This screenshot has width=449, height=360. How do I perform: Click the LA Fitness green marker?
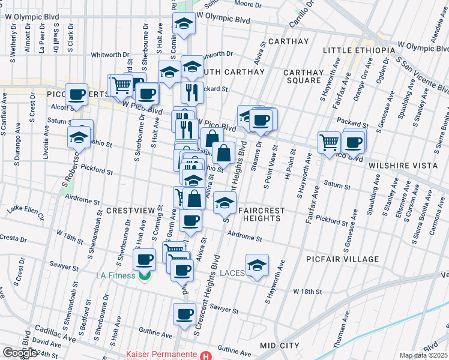[143, 276]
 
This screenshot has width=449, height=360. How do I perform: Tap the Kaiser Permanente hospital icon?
[206, 355]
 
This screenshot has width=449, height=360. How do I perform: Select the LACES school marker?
[257, 265]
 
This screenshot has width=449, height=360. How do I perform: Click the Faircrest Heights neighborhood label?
[259, 214]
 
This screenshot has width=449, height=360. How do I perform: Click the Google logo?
[19, 353]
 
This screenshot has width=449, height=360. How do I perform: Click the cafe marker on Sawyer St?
[184, 314]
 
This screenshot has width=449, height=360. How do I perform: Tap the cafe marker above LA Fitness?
[143, 260]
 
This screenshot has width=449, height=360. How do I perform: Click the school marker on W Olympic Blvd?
[184, 24]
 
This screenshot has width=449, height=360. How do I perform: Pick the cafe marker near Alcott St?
[77, 94]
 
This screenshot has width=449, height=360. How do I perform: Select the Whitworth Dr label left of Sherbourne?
[109, 55]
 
